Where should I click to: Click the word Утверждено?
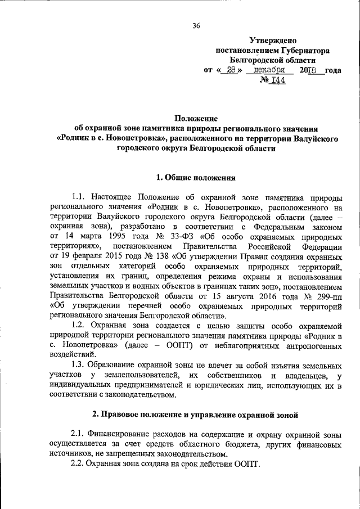273,40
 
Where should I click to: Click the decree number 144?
278,80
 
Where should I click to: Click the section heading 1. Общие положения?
196,178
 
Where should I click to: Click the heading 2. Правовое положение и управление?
196,415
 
